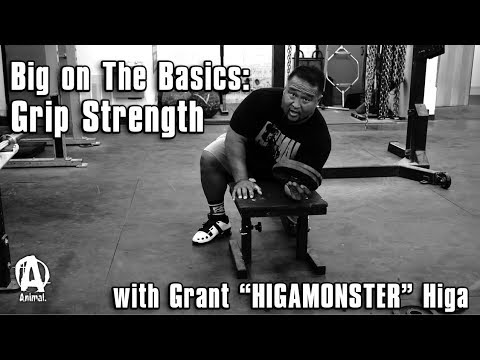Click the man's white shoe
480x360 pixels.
(211, 229)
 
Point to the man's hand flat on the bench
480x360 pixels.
(244, 188)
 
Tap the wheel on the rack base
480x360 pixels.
(441, 181)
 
